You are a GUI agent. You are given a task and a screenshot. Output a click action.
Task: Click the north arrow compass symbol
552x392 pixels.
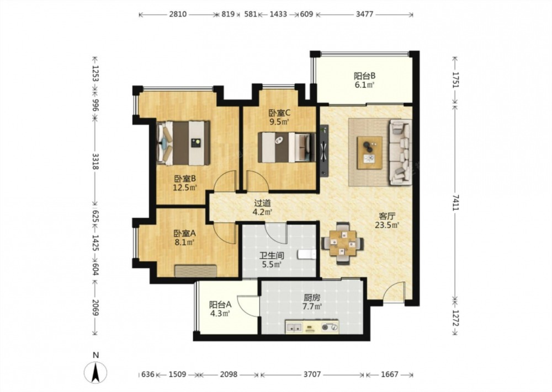tap(95, 373)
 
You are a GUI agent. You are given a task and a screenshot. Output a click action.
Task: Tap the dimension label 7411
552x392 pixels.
tap(455, 202)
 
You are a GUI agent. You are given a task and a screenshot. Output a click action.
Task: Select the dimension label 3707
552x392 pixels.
tap(312, 374)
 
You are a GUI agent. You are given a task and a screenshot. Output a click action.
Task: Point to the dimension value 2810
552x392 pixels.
tap(178, 14)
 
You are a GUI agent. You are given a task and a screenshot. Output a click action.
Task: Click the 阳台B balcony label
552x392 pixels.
tap(364, 76)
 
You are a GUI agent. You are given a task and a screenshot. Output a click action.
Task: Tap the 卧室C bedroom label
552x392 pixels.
tap(279, 113)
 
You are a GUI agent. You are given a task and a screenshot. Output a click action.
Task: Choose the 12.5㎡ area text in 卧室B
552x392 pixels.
tap(184, 187)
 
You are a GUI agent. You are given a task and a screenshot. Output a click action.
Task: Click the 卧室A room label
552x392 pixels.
tap(184, 233)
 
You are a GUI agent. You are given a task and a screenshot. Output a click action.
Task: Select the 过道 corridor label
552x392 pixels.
tap(263, 203)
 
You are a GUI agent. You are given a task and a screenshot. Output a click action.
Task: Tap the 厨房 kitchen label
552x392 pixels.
tap(312, 297)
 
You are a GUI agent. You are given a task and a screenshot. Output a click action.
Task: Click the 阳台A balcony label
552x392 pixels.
tap(220, 304)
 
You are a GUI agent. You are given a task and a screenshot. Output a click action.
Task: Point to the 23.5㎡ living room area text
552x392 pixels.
tap(387, 225)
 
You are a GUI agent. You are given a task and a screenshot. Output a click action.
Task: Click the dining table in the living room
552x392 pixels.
tap(343, 243)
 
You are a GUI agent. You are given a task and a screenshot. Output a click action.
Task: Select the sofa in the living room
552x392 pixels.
tap(400, 152)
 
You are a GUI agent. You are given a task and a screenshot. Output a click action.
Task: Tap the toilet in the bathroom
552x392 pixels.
tap(306, 254)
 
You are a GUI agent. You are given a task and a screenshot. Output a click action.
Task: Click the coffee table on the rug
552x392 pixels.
tap(370, 153)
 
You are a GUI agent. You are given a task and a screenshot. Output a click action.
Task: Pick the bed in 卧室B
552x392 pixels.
tap(183, 143)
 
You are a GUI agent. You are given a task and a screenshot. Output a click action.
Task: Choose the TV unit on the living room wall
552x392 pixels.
tap(324, 151)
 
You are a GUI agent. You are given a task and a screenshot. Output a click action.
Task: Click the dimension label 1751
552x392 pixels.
tap(455, 80)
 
